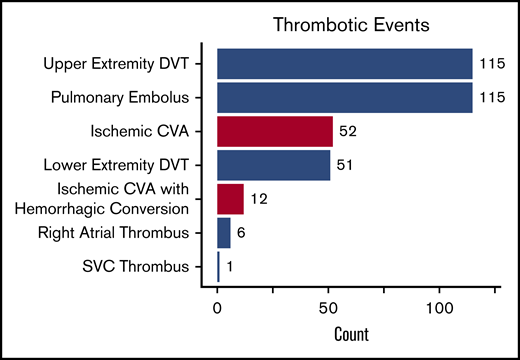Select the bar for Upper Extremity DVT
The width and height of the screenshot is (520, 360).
[x=344, y=64]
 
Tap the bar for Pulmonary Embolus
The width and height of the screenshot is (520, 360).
[x=344, y=98]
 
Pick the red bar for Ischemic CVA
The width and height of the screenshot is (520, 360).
[x=275, y=131]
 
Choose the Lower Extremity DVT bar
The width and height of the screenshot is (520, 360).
[x=274, y=165]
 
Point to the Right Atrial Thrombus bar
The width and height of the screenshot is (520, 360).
[x=224, y=233]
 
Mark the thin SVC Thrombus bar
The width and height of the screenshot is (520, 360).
[x=219, y=266]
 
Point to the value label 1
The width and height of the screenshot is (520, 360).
[x=230, y=267]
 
